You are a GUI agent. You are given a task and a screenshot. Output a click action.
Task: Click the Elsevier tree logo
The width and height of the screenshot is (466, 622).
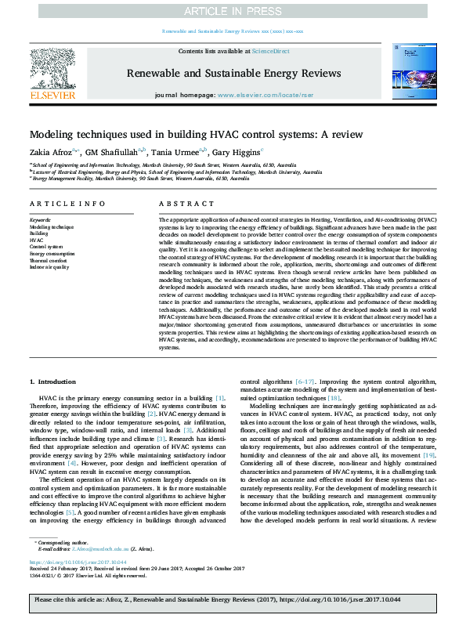[52, 69]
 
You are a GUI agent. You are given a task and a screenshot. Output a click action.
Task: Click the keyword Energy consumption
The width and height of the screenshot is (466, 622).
[52, 254]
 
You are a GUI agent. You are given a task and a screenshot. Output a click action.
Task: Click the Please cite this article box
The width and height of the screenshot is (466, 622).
[233, 601]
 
